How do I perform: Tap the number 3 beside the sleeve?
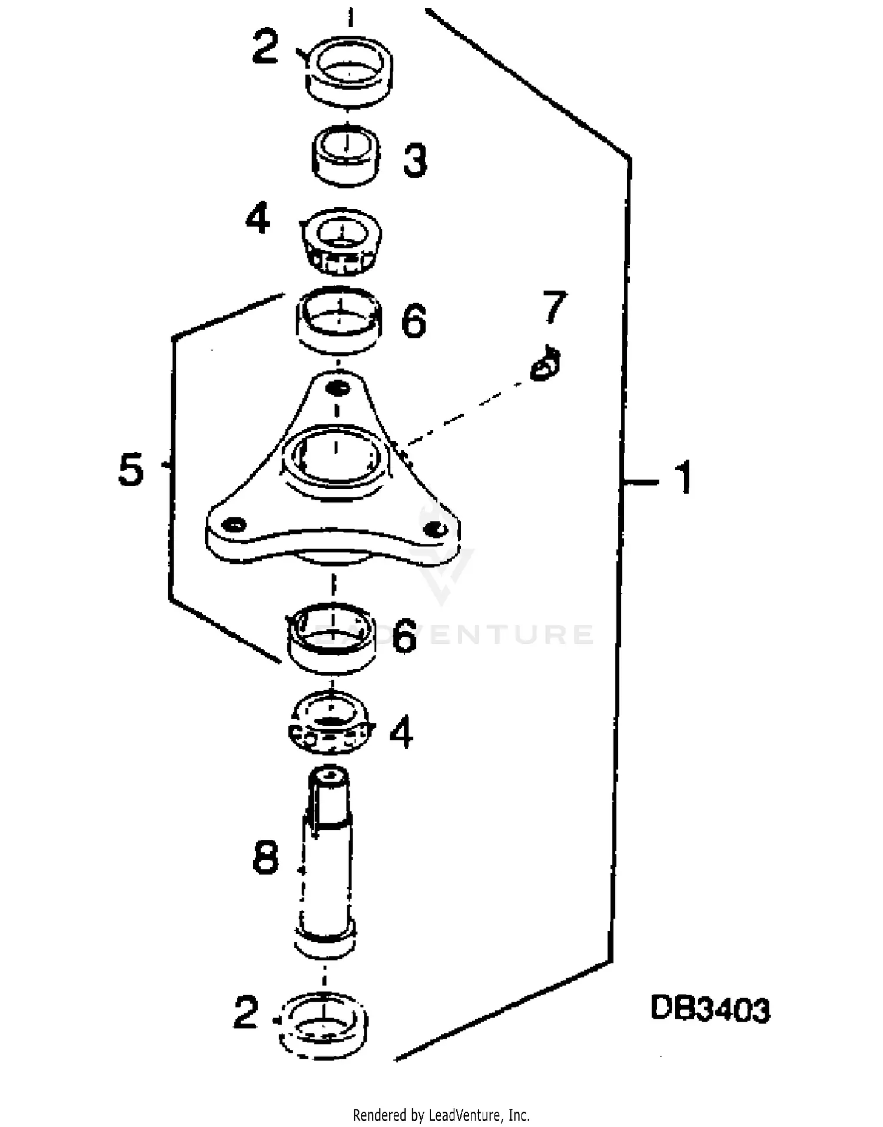pyautogui.click(x=415, y=160)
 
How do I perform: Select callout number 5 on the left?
pyautogui.click(x=131, y=469)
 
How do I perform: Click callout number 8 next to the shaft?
pyautogui.click(x=265, y=857)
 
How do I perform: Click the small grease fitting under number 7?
pyautogui.click(x=545, y=365)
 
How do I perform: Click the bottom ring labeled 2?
pyautogui.click(x=324, y=1028)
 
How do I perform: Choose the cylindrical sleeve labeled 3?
pyautogui.click(x=346, y=156)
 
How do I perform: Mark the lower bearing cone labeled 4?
pyautogui.click(x=331, y=723)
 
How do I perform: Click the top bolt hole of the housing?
pyautogui.click(x=338, y=388)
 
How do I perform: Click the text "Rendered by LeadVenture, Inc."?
pyautogui.click(x=441, y=1115)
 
